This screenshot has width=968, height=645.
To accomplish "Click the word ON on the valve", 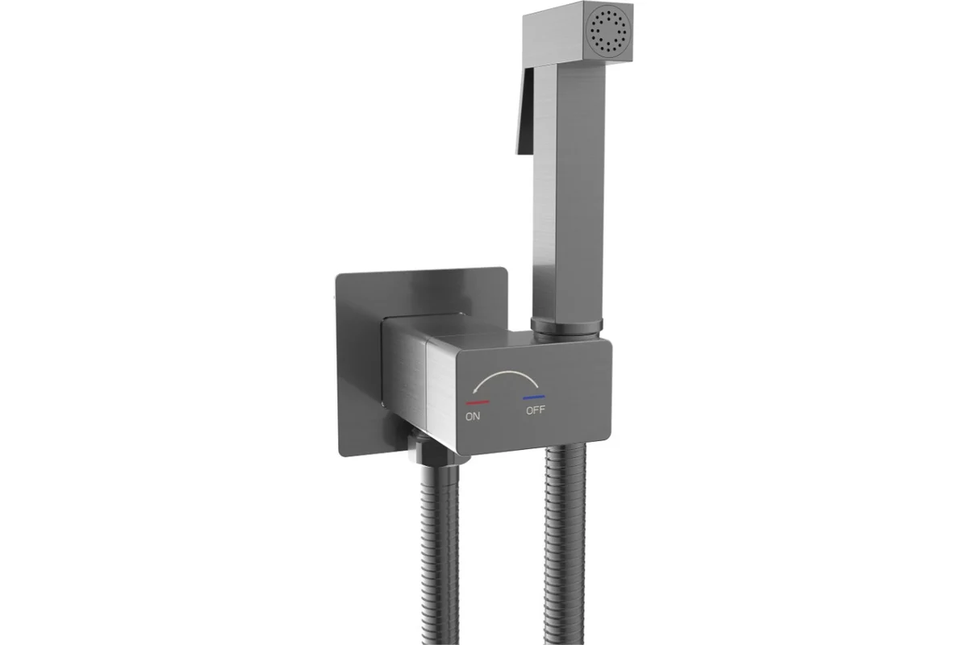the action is click(x=473, y=417).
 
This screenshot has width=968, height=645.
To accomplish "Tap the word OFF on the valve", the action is click(x=536, y=410).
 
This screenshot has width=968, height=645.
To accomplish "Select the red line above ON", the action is click(x=478, y=402).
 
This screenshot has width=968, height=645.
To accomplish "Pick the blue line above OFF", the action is click(x=534, y=397).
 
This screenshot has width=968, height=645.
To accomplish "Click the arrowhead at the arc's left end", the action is click(x=475, y=390).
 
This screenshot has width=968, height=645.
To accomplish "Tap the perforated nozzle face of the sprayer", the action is click(x=610, y=33).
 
